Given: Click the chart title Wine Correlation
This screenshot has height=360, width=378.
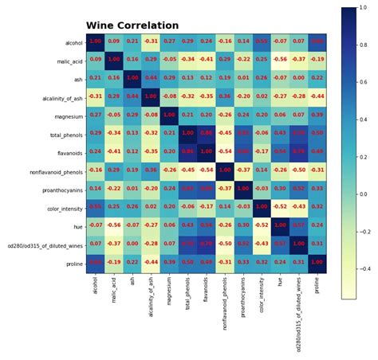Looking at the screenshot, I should click(133, 25).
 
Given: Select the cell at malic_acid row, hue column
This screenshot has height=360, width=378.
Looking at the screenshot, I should click(280, 59).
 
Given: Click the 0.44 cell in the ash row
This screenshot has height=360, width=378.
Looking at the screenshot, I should click(152, 78).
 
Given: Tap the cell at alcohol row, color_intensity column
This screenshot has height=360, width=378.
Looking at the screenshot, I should click(262, 41).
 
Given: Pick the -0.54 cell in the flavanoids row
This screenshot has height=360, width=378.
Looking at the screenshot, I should click(225, 151).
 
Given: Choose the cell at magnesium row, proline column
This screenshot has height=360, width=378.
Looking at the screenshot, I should click(317, 115).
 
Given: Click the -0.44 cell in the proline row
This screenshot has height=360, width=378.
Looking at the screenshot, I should click(152, 262).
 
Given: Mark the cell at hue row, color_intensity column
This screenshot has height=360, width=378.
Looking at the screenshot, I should click(262, 225).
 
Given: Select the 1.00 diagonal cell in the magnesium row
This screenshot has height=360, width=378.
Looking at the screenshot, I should click(170, 115).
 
